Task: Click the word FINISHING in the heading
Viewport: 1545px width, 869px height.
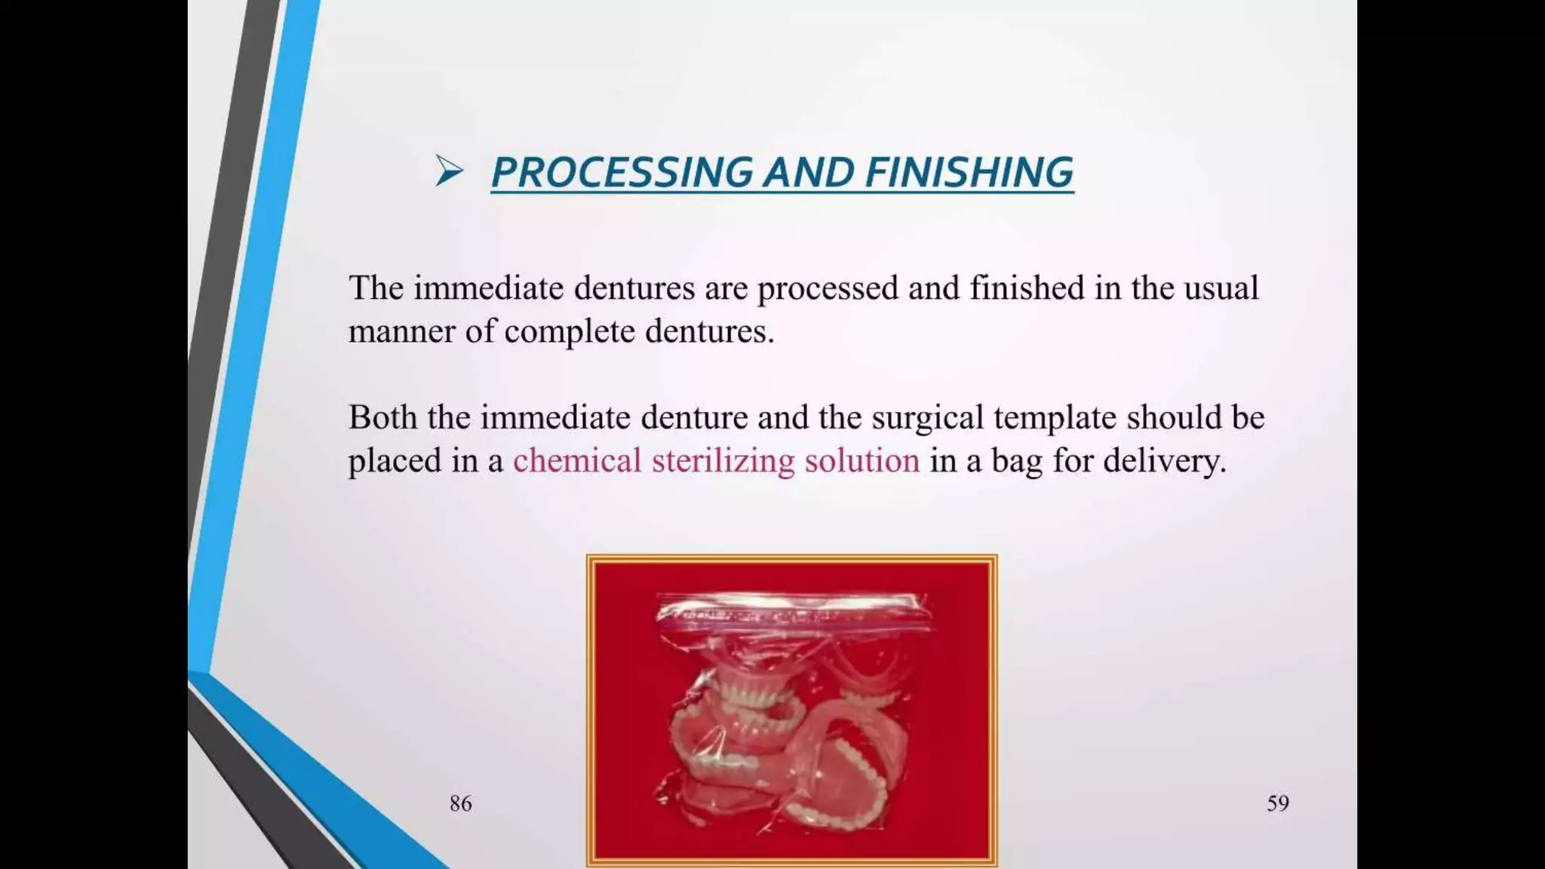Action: click(x=969, y=172)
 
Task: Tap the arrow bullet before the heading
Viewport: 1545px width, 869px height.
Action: click(x=449, y=170)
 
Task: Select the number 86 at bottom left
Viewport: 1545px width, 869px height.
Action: click(x=460, y=803)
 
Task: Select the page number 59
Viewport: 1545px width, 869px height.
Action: click(x=1277, y=803)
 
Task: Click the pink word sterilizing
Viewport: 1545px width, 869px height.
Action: click(x=723, y=461)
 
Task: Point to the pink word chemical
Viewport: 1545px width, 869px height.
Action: click(x=577, y=461)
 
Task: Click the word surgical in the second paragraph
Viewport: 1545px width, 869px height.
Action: click(x=927, y=418)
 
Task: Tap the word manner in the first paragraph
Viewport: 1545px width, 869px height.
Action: click(x=401, y=332)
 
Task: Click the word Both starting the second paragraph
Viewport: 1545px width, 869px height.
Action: click(x=382, y=418)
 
